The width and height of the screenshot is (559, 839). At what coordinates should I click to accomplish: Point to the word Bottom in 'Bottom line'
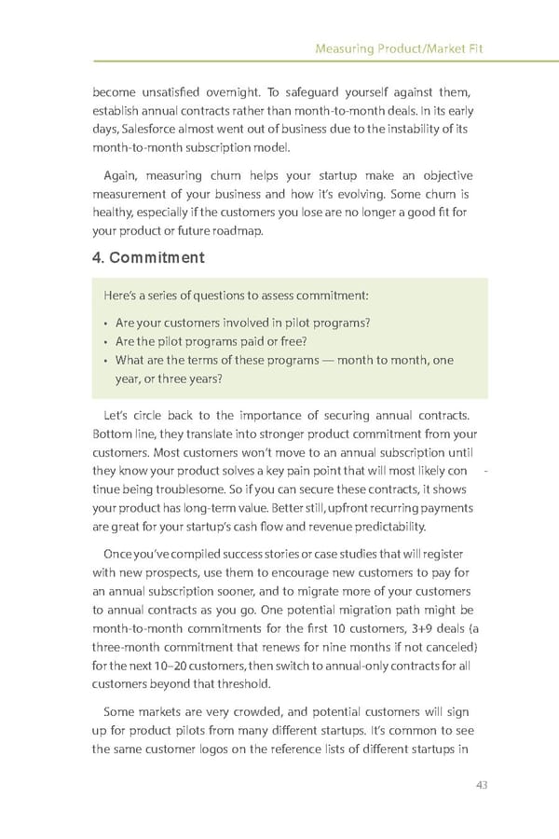point(110,433)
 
